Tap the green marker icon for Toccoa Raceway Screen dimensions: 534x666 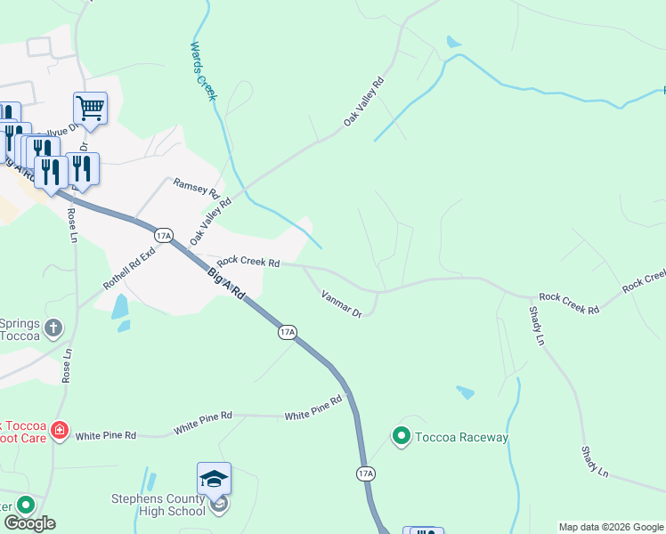coord(401,436)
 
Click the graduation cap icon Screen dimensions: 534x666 coord(214,479)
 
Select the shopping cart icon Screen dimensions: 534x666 coord(90,109)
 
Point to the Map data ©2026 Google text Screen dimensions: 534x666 coord(610,527)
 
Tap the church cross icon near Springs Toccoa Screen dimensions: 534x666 coord(53,328)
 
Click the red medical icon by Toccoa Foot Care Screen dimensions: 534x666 coord(60,432)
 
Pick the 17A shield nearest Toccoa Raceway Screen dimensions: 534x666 coord(365,473)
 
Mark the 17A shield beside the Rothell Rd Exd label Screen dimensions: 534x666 coord(162,235)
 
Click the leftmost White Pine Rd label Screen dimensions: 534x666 coord(105,435)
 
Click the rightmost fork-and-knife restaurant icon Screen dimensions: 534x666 coord(82,168)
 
